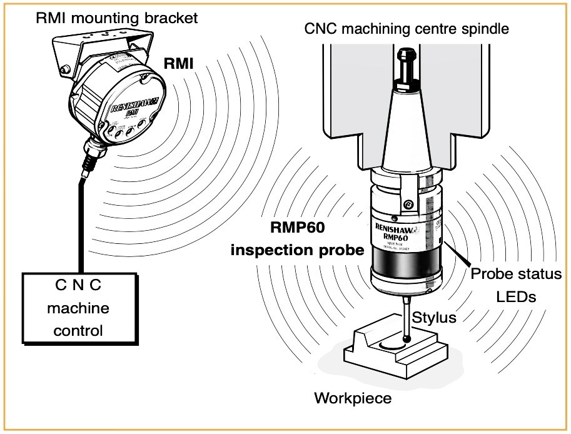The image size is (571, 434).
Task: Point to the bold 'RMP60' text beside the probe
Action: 298,228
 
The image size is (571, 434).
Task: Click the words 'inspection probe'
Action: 297,251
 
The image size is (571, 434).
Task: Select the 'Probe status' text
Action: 516,274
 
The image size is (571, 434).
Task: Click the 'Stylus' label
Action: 436,318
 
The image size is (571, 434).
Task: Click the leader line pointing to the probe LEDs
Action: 460,253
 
